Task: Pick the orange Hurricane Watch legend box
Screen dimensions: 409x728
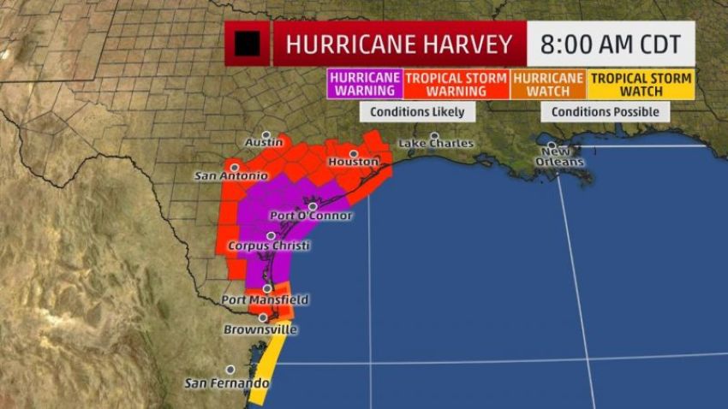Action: (x=547, y=83)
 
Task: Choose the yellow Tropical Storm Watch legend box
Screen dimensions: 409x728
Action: (x=640, y=83)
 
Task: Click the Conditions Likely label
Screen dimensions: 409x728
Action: (x=418, y=112)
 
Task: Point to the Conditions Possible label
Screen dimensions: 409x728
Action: (x=605, y=112)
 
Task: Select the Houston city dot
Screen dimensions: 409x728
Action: (x=353, y=153)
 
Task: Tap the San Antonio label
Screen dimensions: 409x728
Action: (x=225, y=176)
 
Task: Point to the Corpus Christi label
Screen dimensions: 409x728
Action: (x=269, y=246)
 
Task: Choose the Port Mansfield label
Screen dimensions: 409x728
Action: (x=265, y=300)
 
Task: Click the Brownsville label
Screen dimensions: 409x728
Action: (x=260, y=329)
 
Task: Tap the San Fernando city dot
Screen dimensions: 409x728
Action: (x=230, y=370)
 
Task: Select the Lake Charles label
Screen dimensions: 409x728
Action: (x=436, y=144)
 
